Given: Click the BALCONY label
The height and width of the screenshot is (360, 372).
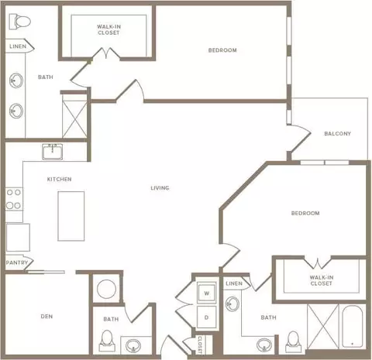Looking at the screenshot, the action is point(337,134).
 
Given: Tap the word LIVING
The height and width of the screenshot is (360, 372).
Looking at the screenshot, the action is point(160,188).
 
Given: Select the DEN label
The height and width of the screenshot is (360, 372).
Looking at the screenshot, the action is point(46,316).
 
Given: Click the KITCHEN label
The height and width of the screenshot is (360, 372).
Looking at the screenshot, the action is point(59,179).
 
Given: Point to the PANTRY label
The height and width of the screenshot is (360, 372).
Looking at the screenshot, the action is point(17,262).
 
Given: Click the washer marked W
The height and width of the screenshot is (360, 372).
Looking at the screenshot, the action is point(206,293).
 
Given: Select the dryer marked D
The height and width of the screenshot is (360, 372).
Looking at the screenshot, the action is point(206,317).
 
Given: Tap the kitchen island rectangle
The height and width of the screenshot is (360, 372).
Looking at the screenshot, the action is point(71,216).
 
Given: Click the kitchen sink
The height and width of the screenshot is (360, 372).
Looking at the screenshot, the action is point(53,152).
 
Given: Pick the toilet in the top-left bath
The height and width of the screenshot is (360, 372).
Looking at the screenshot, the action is point(19,22).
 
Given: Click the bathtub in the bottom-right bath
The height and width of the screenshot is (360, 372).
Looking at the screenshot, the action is point(353,327).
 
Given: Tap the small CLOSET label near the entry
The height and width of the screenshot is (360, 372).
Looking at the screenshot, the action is point(200,345).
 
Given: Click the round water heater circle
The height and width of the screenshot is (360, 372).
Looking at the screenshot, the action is point(106,289).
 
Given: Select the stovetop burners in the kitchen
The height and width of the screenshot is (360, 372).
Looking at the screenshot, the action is point(14,199).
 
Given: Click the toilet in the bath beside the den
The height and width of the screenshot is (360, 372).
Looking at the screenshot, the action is point(107,341).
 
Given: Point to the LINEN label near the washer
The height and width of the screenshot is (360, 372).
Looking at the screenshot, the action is point(234,283).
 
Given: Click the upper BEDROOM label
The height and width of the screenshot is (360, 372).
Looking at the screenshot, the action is point(222,50).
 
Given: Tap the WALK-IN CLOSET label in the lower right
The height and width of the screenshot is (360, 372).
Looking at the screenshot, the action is point(322,280).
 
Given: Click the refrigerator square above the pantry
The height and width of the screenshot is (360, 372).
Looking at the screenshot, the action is point(18,238).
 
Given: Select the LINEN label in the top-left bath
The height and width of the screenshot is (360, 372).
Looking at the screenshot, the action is point(18,46).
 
